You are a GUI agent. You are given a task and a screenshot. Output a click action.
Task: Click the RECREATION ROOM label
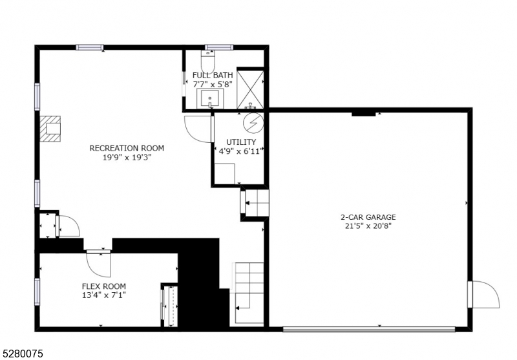pos(127,148)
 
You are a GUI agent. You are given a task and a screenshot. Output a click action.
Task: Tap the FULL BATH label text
pos(213,75)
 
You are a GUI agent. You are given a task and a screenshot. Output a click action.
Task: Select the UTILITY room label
pos(240,142)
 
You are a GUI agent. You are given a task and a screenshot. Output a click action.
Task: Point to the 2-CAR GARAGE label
pos(368,217)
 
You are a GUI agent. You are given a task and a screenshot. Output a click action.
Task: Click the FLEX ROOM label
pos(103,286)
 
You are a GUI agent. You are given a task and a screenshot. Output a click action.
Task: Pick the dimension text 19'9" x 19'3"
pos(127,157)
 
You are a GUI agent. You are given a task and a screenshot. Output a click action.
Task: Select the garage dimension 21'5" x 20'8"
pos(368,226)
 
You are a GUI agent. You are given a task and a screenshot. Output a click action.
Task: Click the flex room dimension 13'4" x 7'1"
pos(103,295)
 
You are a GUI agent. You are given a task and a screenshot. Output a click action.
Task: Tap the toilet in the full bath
pos(207,63)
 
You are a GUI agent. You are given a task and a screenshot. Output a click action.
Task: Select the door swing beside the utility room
pos(197,128)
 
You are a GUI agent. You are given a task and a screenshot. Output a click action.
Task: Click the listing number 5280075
pos(23,353)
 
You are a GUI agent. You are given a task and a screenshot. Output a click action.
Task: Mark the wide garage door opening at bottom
pos(369,329)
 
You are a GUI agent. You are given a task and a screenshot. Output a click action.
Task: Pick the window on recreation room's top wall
pos(90,47)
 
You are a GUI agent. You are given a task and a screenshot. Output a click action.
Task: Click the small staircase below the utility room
pos(255,202)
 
